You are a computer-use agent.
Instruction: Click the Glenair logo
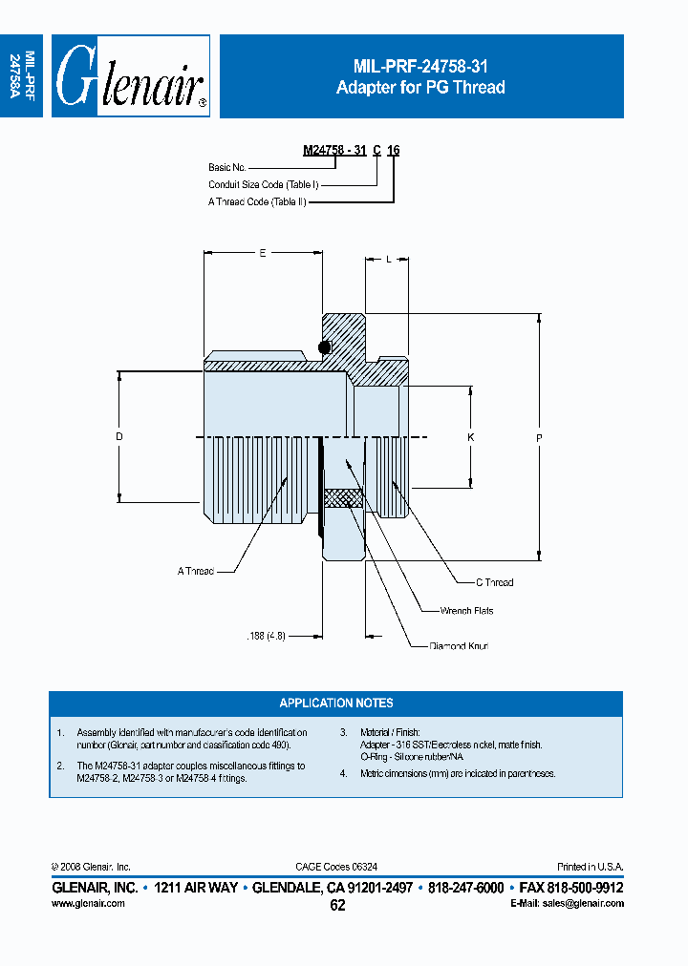tap(130, 76)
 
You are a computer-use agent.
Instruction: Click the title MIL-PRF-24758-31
tap(420, 66)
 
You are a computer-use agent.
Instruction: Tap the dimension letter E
tap(263, 253)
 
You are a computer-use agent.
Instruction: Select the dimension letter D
tap(119, 436)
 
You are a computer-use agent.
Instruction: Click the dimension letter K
tap(470, 436)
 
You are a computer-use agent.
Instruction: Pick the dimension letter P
tap(540, 437)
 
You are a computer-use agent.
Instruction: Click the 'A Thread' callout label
tap(195, 571)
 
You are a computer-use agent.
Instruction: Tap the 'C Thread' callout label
tap(494, 581)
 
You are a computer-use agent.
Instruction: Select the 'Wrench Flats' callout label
tap(466, 610)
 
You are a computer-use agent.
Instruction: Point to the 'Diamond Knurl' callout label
tap(459, 646)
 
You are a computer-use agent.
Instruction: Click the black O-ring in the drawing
tap(325, 346)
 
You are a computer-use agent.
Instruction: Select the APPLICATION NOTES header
tap(335, 703)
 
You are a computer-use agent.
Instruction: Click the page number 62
tap(337, 906)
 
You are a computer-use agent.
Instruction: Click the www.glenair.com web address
tap(88, 903)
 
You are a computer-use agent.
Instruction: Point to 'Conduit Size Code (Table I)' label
tap(263, 184)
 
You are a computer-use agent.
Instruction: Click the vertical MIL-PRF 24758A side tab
tap(22, 76)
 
